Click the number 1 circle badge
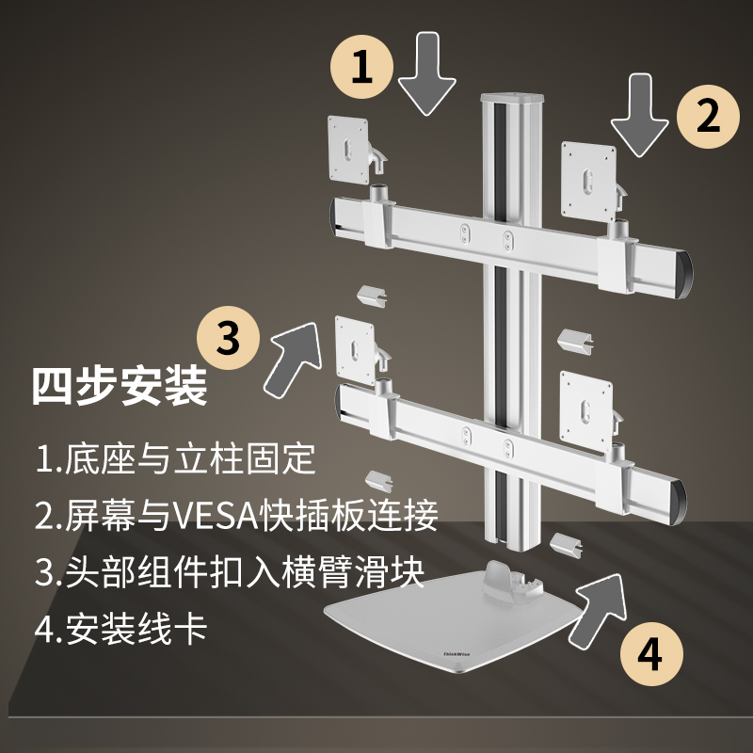[360, 67]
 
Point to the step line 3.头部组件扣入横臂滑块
[230, 571]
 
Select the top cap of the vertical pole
[514, 98]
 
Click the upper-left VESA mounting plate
[346, 150]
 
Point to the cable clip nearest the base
[564, 544]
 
